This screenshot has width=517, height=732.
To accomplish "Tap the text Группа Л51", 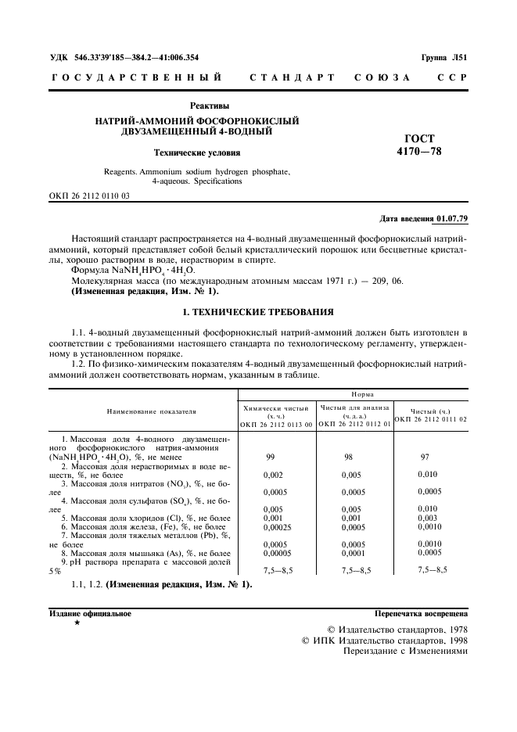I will (x=444, y=57).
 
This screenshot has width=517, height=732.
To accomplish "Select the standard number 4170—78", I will (x=419, y=151).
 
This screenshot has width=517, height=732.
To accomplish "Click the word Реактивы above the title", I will (x=210, y=106).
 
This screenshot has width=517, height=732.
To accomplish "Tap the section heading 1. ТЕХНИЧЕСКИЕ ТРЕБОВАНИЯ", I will (x=258, y=311).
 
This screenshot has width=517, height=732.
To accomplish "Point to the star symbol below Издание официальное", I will (x=77, y=623).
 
